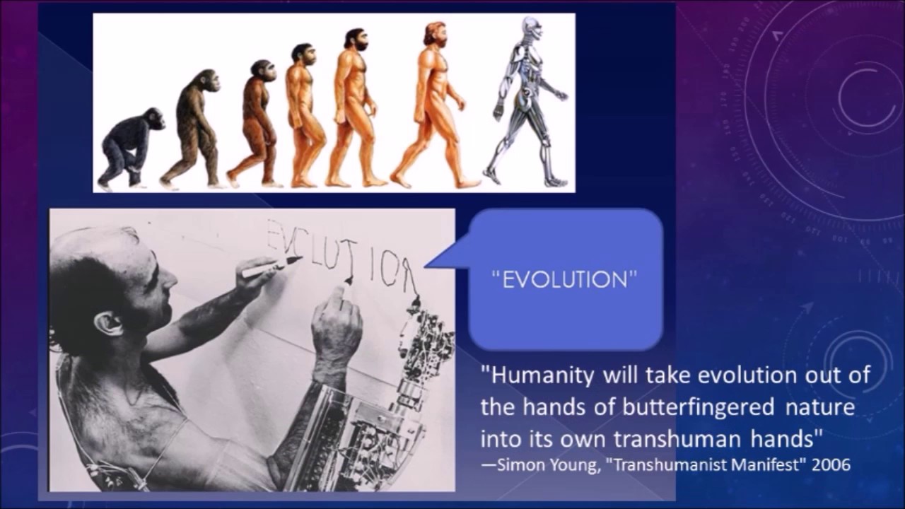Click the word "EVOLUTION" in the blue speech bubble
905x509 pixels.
pyautogui.click(x=564, y=280)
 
